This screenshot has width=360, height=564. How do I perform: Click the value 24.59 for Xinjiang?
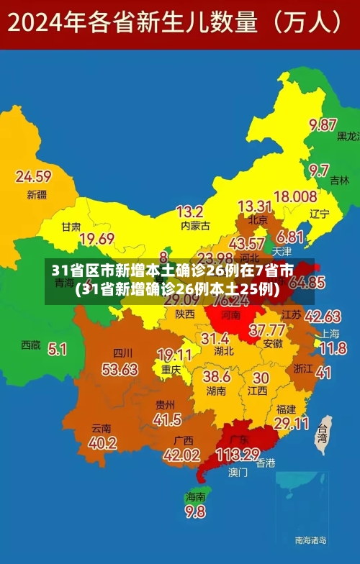coord(33,176)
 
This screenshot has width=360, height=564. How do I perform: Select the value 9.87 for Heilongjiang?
coord(323,124)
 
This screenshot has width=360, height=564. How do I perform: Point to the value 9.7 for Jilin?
coord(319,170)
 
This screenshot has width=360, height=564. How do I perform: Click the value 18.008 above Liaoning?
coord(295,196)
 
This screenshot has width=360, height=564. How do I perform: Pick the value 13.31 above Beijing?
coord(254,206)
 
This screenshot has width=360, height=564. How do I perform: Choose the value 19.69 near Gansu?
coord(97,238)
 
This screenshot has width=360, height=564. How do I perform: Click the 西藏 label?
coord(31,345)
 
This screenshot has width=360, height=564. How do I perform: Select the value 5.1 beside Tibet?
coord(57,349)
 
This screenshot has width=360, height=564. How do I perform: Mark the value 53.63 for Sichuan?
coord(120,369)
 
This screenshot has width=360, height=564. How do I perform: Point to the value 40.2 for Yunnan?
coord(103,442)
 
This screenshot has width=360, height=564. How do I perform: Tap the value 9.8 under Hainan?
coord(195,511)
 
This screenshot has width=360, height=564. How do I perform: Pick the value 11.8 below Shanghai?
coord(333,349)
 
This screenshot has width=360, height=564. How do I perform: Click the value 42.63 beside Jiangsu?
coord(323,316)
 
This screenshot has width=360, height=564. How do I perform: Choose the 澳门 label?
coord(238,473)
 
